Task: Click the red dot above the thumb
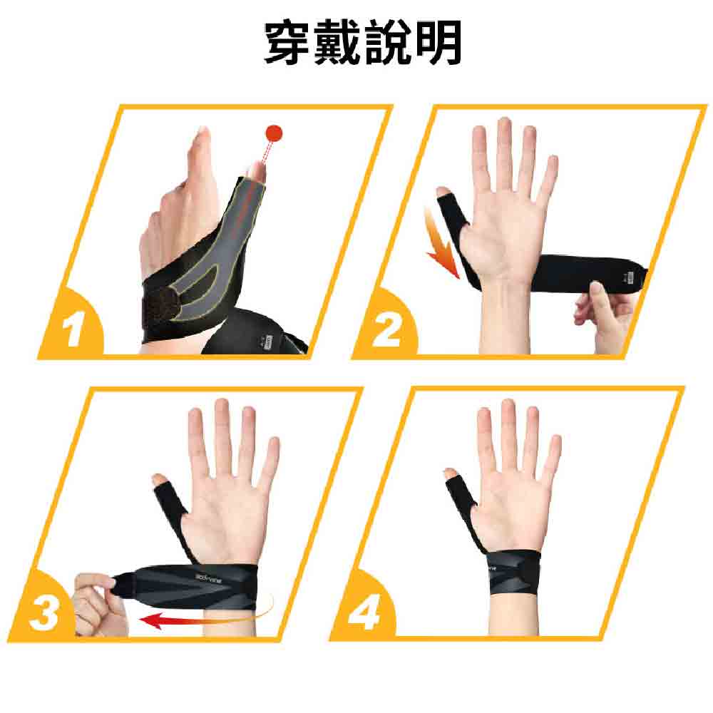point(274,133)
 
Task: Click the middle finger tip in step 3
point(222,410)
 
